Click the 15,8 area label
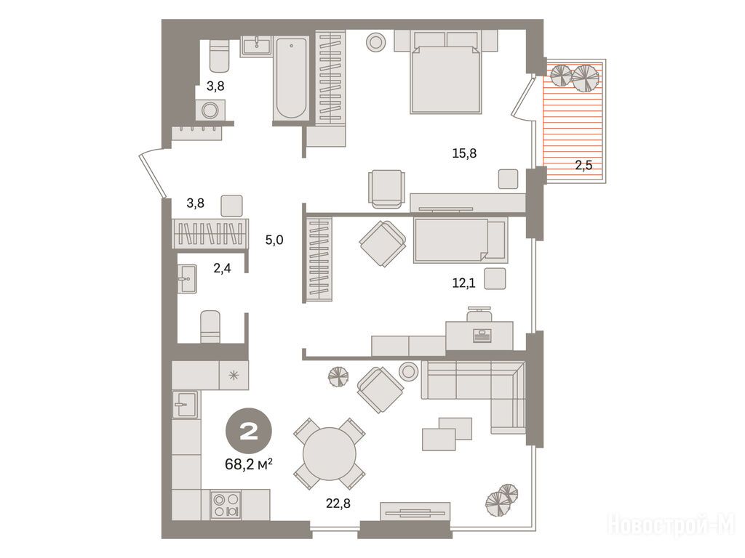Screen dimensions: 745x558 point(464,153)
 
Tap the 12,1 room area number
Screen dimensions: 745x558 point(463,283)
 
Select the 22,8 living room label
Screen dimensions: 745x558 point(338,503)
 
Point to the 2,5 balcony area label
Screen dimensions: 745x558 point(583,165)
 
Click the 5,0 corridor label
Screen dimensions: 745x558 point(274,240)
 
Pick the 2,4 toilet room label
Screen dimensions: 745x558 point(222,268)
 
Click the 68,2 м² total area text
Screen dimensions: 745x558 point(249,464)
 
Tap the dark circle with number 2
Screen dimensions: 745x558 point(249,432)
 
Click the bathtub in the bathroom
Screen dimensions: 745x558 point(291,78)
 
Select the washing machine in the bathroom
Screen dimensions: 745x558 point(210,110)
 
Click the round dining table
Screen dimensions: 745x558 point(330,454)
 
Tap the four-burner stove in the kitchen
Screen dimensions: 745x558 point(226,506)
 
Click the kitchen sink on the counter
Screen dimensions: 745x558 point(185,404)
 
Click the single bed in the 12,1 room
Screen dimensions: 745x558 point(461,240)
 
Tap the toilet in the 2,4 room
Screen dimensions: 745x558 point(210,326)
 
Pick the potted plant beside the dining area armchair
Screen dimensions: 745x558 point(338,378)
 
